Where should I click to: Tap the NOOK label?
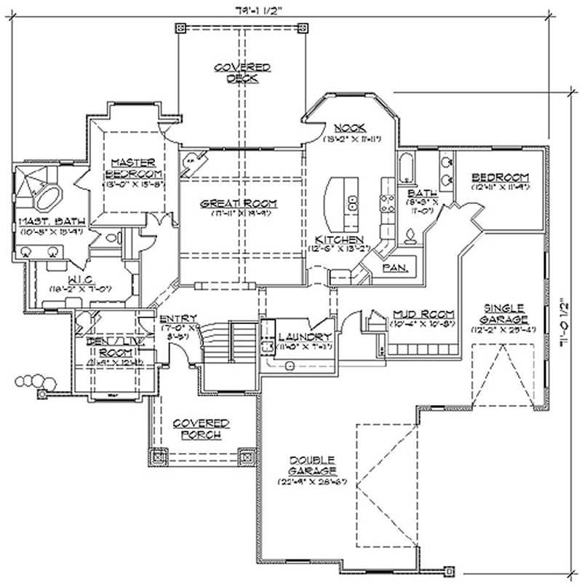click(x=350, y=127)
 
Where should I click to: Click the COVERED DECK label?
click(x=242, y=73)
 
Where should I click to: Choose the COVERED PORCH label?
click(x=201, y=429)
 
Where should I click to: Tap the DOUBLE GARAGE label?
click(x=311, y=465)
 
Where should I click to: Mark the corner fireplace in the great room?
click(x=191, y=161)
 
